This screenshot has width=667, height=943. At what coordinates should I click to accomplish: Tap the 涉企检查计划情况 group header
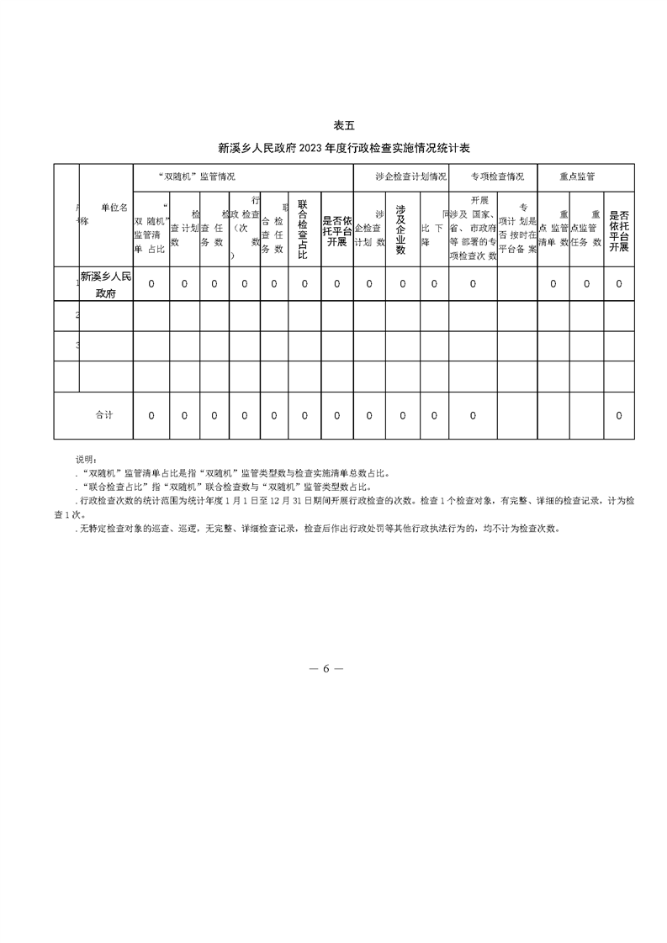click(x=400, y=177)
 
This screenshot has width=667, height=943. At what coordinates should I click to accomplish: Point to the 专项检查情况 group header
click(x=497, y=177)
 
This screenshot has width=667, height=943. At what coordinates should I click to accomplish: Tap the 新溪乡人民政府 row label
click(x=105, y=284)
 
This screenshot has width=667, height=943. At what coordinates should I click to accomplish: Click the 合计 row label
click(x=104, y=415)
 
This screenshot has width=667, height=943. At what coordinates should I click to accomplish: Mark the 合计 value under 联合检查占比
click(x=304, y=415)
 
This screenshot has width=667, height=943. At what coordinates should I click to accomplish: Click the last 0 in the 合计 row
click(x=619, y=415)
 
